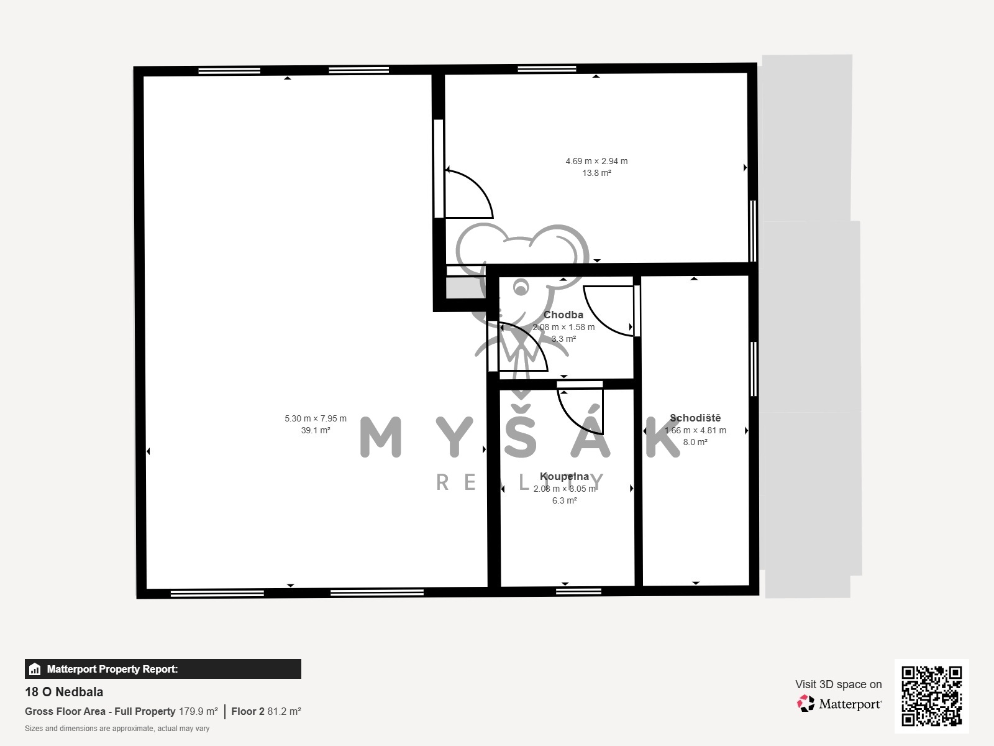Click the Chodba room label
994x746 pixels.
pos(563,315)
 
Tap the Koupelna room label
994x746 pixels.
pos(564,476)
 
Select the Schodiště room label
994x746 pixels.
pos(695,418)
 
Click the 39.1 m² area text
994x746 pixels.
pos(315,430)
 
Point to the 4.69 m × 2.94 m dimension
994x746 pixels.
pos(596,161)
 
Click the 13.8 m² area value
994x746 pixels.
pos(596,173)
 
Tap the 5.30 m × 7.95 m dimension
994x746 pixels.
pos(316,418)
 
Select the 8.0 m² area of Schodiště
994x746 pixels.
pos(695,442)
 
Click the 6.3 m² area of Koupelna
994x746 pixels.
pos(564,500)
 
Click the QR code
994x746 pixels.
pos(931,696)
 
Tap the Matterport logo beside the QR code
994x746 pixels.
pos(839,704)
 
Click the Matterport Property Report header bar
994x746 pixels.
pos(163,669)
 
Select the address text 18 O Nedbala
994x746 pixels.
pos(64,692)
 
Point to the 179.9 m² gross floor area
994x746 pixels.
pos(198,711)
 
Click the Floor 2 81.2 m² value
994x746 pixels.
pos(266,711)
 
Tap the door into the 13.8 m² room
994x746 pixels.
pos(469,194)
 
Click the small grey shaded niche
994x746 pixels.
pos(465,288)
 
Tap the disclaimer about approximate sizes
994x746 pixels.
pos(117,729)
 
